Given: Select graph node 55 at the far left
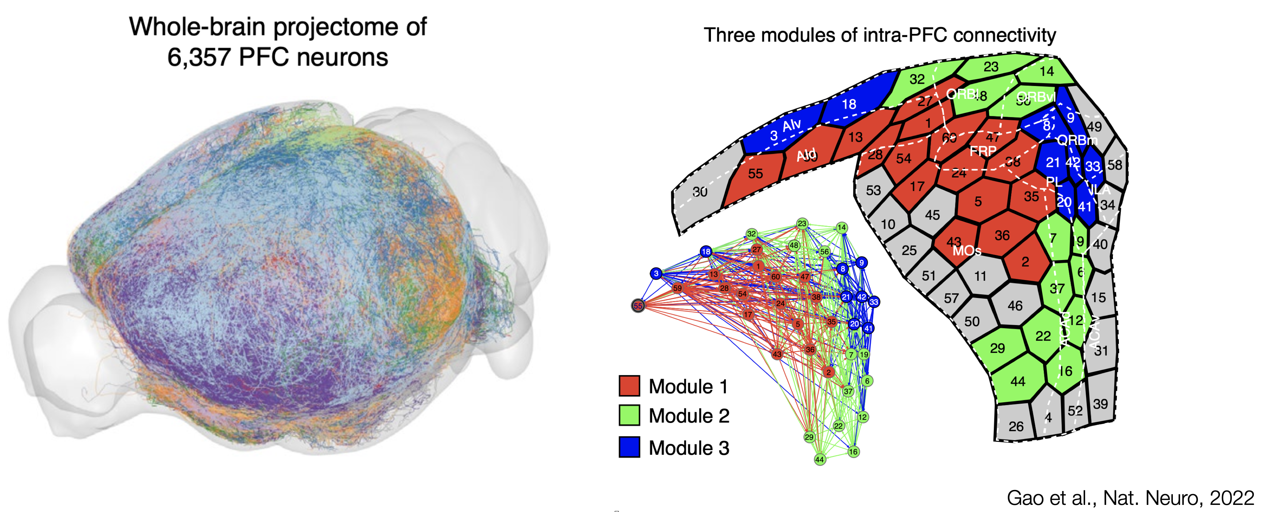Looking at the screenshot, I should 638,305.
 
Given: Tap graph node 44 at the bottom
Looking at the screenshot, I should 819,460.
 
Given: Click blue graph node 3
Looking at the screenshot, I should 656,274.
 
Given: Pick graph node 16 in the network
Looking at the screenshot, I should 853,452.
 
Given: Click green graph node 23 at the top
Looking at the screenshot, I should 802,223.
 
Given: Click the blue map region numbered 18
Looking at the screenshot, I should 849,104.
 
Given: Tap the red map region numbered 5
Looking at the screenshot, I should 978,201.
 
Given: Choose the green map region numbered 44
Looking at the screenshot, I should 1018,381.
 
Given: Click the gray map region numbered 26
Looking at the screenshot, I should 1016,426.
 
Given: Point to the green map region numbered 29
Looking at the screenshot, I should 997,348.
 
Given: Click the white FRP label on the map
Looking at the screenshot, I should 983,152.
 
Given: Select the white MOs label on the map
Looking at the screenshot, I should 967,252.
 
